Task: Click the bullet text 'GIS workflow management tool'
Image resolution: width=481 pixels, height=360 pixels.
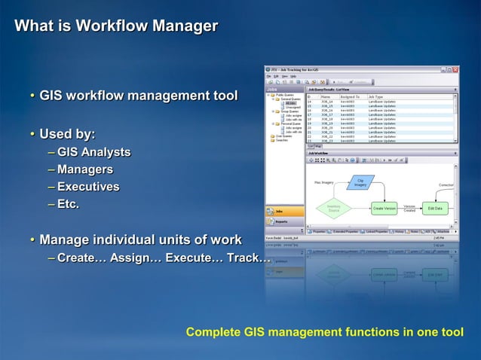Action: click(x=138, y=96)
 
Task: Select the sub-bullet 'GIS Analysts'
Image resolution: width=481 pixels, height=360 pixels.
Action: click(x=93, y=152)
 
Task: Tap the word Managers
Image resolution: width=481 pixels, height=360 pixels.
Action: click(x=85, y=169)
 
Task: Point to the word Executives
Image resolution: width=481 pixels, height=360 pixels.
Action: click(x=88, y=187)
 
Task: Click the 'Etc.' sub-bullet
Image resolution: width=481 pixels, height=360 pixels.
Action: click(x=68, y=204)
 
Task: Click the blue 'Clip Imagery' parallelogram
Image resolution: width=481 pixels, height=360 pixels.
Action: click(x=360, y=182)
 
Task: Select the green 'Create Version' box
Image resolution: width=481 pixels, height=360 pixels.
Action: click(x=384, y=208)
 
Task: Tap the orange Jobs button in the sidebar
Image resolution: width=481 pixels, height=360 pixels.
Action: click(x=284, y=212)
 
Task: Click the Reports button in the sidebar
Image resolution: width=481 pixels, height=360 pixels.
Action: click(x=284, y=221)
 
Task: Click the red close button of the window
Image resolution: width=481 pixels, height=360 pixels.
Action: click(x=455, y=69)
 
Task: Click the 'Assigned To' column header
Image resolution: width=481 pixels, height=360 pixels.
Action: click(x=351, y=97)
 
